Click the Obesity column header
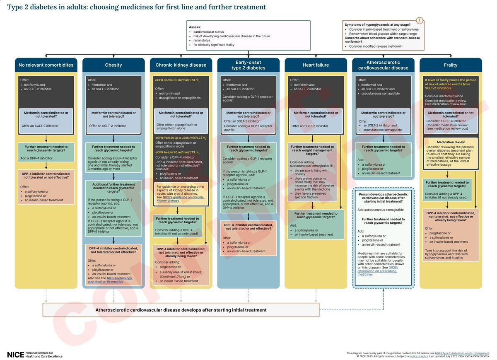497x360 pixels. point(113,65)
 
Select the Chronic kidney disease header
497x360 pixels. point(181,65)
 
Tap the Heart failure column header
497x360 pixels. point(316,65)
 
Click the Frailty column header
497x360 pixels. point(451,65)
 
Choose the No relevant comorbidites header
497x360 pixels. point(46,65)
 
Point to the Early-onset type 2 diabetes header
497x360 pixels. point(248,65)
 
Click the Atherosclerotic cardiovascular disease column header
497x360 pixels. point(383,65)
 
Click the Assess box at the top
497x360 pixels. point(248,35)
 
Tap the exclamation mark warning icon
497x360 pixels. point(420,20)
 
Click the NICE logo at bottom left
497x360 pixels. point(16,355)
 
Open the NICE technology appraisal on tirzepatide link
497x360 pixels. point(110,280)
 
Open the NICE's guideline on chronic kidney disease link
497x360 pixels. point(180,198)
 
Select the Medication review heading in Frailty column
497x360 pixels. point(451,142)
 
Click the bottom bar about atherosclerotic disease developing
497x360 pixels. point(181,310)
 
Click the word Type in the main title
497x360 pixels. point(16,7)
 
